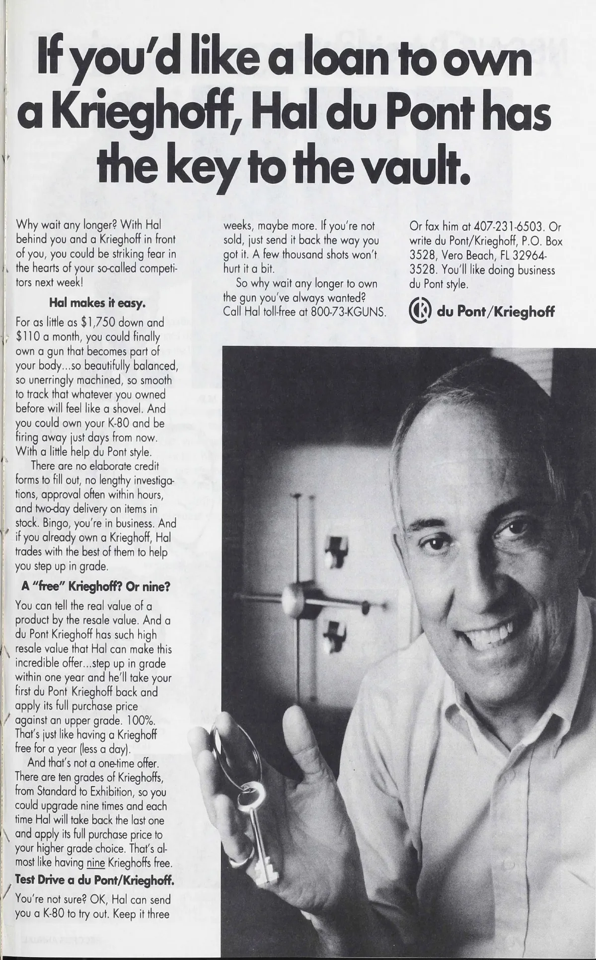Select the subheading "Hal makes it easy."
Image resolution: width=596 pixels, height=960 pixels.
[x=97, y=303]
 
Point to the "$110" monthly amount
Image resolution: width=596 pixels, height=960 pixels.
[x=31, y=336]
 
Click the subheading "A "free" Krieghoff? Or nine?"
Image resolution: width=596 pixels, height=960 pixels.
[x=96, y=586]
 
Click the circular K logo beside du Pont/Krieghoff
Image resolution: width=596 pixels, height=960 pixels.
[x=419, y=312]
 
